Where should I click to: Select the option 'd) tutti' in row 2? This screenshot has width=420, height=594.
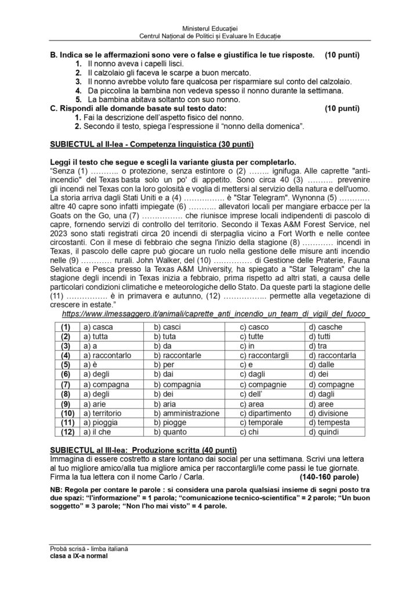[320, 336]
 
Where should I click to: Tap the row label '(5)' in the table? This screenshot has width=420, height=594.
[66, 365]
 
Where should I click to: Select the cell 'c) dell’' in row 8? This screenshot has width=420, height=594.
[252, 394]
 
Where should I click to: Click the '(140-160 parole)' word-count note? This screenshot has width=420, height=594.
[329, 477]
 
